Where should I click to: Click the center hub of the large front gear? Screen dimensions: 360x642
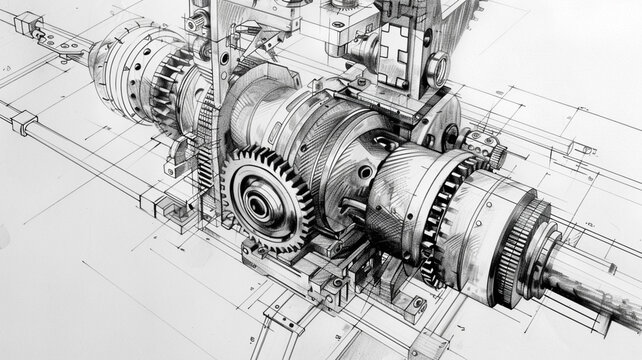(259, 206)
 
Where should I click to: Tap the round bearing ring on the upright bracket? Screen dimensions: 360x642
(437, 69)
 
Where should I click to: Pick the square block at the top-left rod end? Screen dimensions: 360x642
(27, 21)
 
